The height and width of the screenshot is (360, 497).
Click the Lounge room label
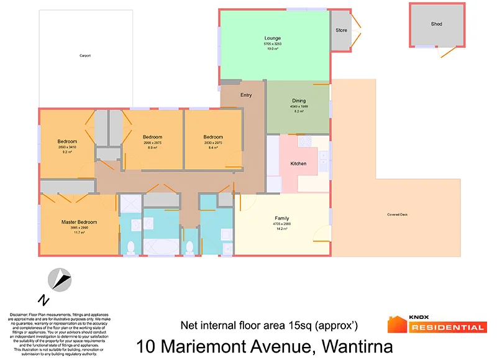(x=272, y=38)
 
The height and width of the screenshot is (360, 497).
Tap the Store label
(x=341, y=29)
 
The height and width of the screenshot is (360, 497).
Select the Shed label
(x=437, y=24)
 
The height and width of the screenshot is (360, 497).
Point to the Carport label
(x=85, y=56)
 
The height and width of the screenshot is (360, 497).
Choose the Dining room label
(x=299, y=101)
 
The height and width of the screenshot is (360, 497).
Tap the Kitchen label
(x=299, y=164)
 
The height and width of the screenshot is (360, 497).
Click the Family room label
(x=283, y=218)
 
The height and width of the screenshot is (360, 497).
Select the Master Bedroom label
(x=79, y=221)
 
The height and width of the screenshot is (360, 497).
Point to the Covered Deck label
(x=398, y=215)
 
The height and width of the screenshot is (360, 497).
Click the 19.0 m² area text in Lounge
(x=272, y=49)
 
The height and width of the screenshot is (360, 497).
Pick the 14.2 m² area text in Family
(x=283, y=229)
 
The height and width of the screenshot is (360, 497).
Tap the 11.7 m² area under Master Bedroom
(x=79, y=233)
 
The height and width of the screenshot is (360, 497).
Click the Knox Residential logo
(x=436, y=324)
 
